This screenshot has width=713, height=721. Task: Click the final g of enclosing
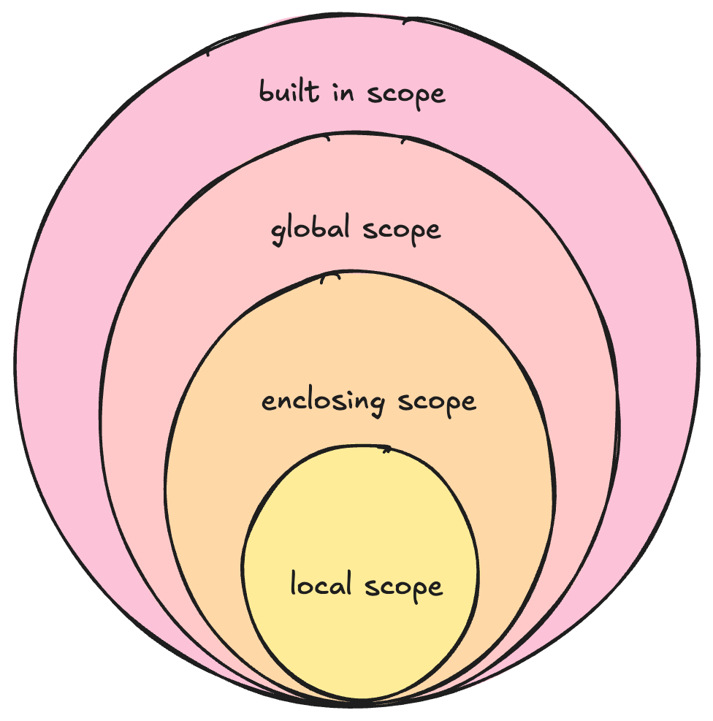379,405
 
